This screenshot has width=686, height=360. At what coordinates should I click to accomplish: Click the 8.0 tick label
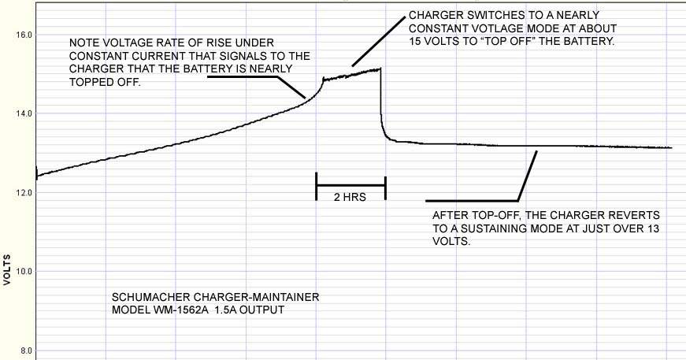(24, 351)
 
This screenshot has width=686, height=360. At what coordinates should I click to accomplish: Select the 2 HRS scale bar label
(350, 198)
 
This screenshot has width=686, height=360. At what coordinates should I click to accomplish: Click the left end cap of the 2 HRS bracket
(316, 185)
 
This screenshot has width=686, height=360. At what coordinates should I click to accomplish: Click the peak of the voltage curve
(380, 69)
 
